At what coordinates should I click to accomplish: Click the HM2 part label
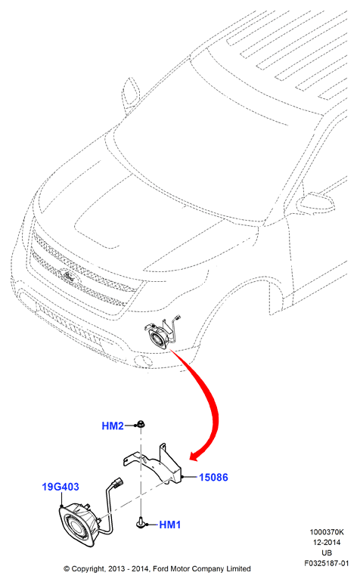point(113,426)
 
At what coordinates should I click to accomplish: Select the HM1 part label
point(170,525)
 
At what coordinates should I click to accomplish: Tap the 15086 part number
point(213,477)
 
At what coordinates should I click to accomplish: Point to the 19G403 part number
point(61,487)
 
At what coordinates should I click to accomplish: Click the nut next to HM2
point(141,424)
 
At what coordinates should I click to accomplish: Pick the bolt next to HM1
point(141,522)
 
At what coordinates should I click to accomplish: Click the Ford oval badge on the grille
point(69,277)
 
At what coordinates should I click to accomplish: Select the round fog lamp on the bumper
point(141,361)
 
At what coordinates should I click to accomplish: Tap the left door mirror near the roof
point(131,92)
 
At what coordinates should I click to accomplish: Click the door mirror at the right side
point(315,203)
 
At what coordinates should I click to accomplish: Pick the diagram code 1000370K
point(327,532)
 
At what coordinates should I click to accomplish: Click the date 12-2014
point(327,543)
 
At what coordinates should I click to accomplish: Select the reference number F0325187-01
point(327,563)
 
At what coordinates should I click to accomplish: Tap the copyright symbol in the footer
point(67,569)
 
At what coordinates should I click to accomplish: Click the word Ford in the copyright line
point(160,569)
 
